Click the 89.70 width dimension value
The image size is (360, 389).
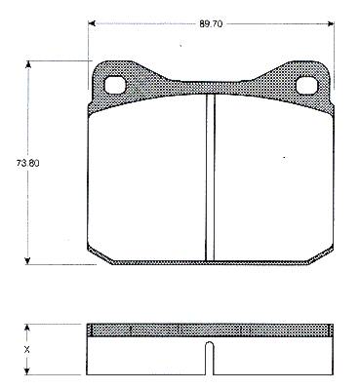point(211,24)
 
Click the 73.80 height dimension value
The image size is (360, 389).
point(27,163)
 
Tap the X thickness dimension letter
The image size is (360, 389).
point(27,350)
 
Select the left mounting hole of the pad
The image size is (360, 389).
point(115,85)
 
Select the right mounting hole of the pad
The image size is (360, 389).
point(306,85)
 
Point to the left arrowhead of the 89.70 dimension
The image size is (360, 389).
point(92,23)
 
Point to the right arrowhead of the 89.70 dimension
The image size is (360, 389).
point(331,23)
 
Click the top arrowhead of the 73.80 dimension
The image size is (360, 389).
point(28,64)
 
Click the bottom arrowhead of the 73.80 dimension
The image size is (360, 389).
point(28,260)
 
